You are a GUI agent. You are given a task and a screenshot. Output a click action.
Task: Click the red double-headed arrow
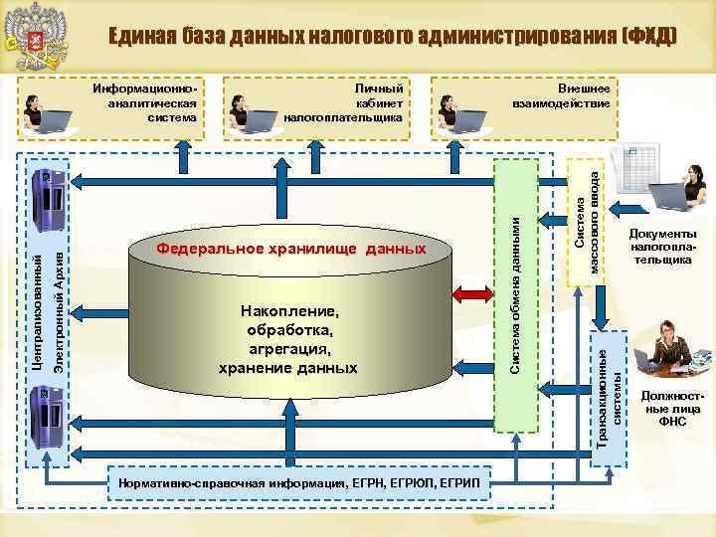tap(472, 294)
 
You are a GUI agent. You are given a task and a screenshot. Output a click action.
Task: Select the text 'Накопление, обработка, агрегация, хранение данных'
tap(288, 339)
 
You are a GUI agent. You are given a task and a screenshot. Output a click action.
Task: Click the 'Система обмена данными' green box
tap(515, 294)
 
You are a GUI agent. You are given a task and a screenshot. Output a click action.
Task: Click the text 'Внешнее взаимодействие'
tap(563, 94)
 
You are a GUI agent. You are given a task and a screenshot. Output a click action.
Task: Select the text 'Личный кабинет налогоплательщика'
tap(343, 102)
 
